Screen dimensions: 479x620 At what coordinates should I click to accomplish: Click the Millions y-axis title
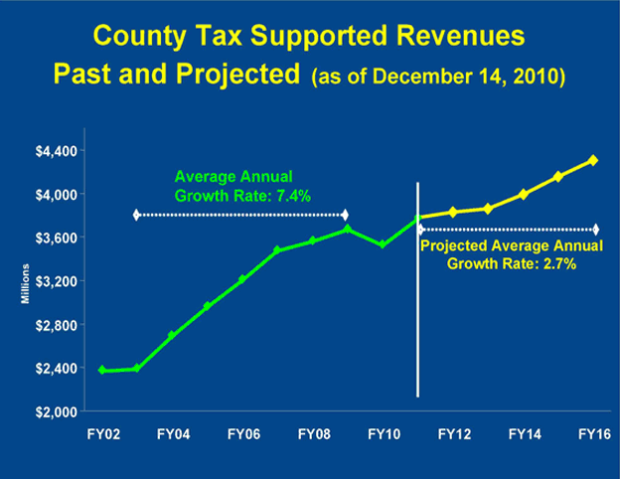[29, 282]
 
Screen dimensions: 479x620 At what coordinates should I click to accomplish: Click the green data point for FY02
[102, 370]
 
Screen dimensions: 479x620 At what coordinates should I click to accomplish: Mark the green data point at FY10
[383, 243]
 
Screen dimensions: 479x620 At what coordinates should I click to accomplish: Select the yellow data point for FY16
[593, 160]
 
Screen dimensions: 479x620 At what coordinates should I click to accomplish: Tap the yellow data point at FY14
[523, 194]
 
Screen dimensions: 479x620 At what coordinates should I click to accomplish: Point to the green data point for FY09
[347, 230]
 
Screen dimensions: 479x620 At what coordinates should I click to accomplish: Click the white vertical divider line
[417, 298]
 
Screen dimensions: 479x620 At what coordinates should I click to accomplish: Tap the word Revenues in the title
[435, 40]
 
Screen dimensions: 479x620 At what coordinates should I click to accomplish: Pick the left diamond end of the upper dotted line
[137, 215]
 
